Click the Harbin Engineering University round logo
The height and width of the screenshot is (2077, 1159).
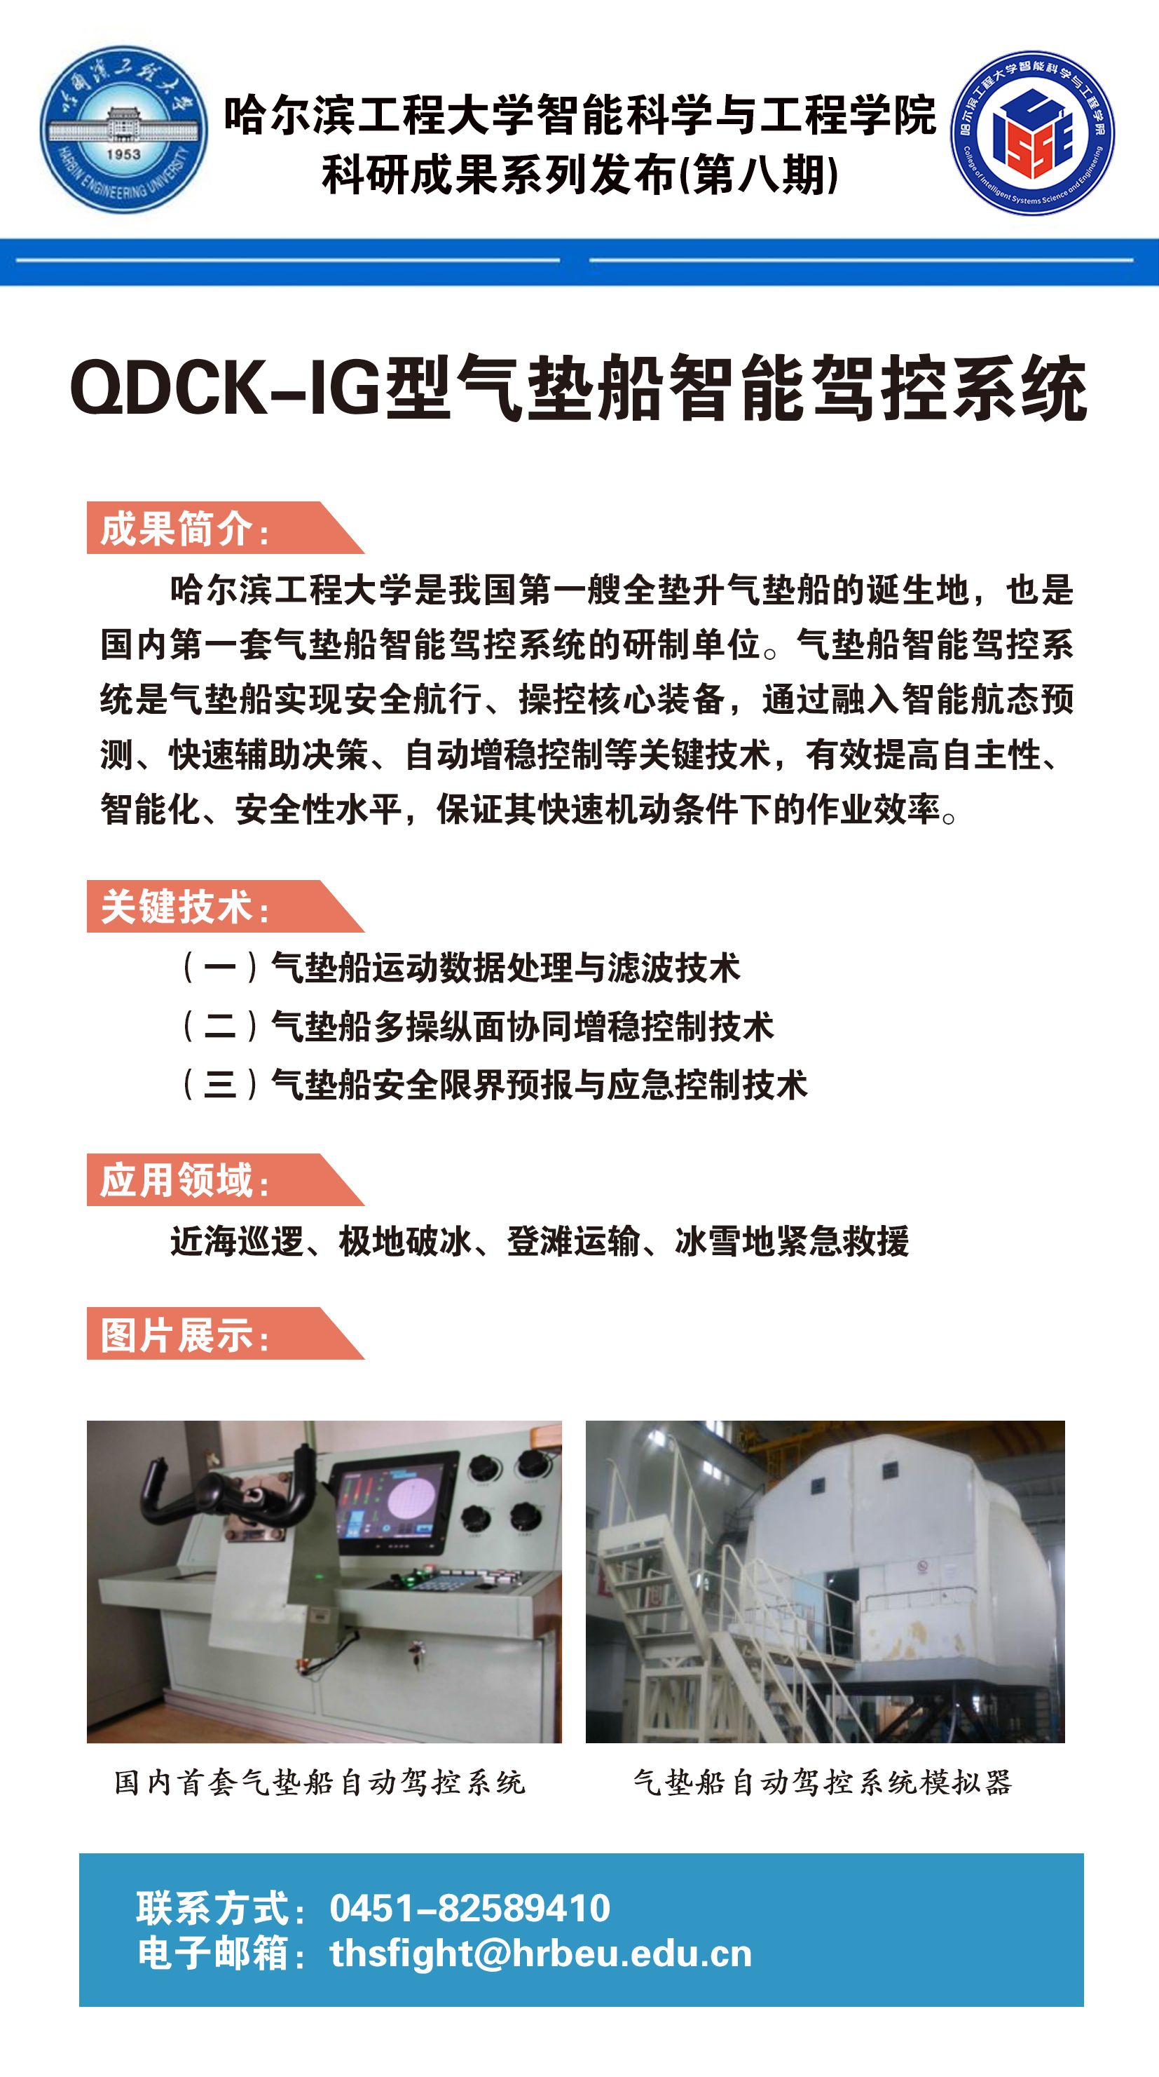point(123,129)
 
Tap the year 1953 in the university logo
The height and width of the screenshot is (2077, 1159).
point(123,153)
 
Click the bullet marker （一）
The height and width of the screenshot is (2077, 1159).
point(219,967)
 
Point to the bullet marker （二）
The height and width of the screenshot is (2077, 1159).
point(219,1026)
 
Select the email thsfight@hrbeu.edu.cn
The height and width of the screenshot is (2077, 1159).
point(540,1954)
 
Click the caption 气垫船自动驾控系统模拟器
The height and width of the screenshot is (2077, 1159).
point(821,1782)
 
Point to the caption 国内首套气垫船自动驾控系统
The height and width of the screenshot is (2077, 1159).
point(319,1782)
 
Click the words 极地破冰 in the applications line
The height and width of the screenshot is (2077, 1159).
point(404,1241)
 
